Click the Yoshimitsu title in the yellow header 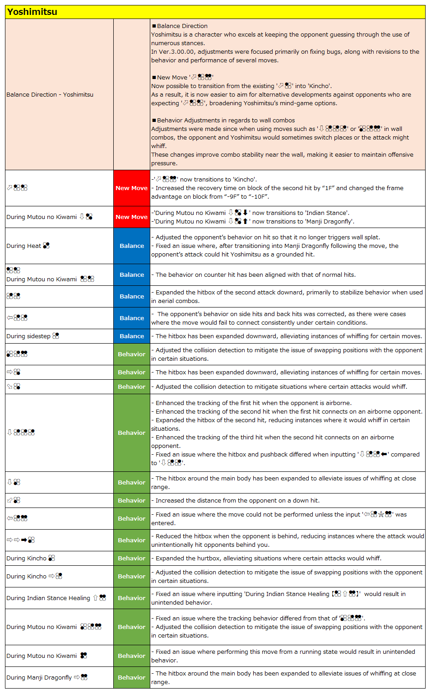click(32, 12)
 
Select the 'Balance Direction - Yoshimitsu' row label click(50, 94)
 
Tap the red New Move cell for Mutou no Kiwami click(131, 217)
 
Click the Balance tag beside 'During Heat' click(131, 246)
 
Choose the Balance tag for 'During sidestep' click(131, 336)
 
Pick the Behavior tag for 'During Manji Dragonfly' click(131, 677)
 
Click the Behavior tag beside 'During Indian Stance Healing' click(131, 598)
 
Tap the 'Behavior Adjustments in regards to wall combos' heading click(226, 120)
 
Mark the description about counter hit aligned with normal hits click(255, 275)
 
